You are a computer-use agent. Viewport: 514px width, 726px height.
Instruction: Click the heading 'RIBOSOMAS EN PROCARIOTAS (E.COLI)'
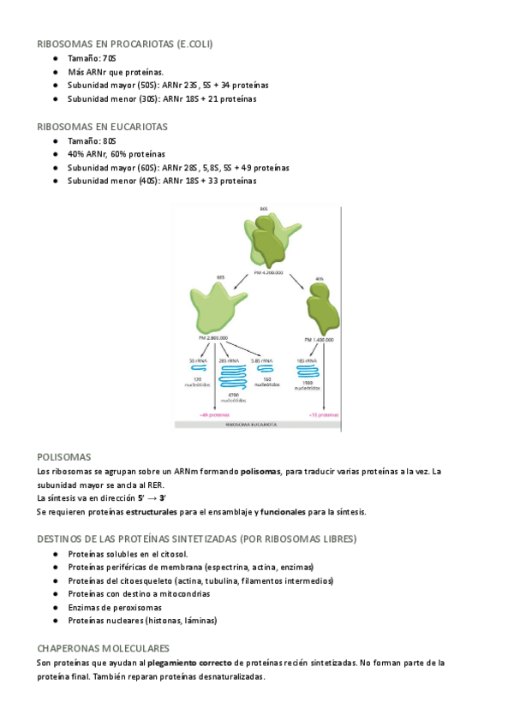pyautogui.click(x=125, y=44)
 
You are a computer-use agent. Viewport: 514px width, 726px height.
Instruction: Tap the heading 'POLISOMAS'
pyautogui.click(x=64, y=457)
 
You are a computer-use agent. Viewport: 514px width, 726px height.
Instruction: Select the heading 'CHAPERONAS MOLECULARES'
pyautogui.click(x=103, y=649)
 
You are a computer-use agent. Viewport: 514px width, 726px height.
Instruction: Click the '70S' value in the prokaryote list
pyautogui.click(x=108, y=58)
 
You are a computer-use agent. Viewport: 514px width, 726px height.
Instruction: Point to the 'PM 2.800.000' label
pyautogui.click(x=212, y=338)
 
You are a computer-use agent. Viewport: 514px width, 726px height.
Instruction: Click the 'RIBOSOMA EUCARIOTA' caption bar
pyautogui.click(x=257, y=424)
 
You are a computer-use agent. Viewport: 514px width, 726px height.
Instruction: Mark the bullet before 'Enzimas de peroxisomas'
pyautogui.click(x=55, y=607)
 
